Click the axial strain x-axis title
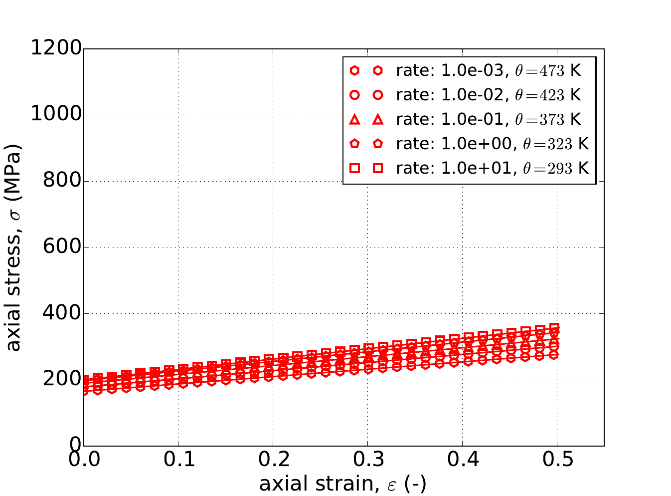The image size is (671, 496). pos(342,484)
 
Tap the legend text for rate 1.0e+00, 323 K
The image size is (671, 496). pos(493,144)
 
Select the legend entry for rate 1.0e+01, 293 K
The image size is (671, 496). pos(493,168)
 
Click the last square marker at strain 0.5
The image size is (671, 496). pos(554,328)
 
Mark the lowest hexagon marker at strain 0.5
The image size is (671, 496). pos(554,354)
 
